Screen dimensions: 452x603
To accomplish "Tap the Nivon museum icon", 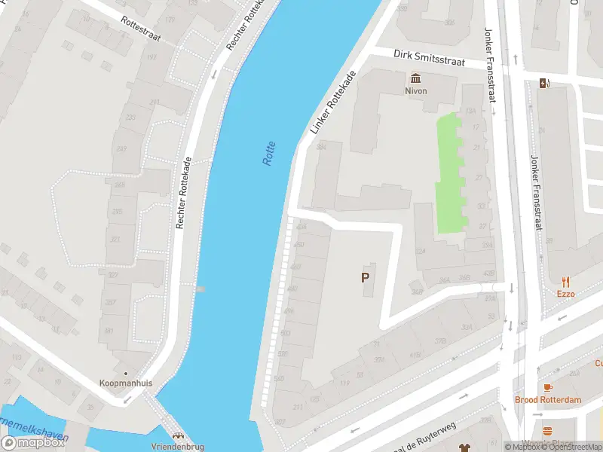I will pyautogui.click(x=415, y=78).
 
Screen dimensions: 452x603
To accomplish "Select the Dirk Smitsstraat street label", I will pyautogui.click(x=429, y=57).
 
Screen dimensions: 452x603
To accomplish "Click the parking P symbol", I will pyautogui.click(x=366, y=277).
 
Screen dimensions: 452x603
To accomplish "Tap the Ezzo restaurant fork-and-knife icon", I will pyautogui.click(x=565, y=282).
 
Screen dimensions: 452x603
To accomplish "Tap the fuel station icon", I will pyautogui.click(x=543, y=83).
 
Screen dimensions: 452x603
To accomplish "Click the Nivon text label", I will pyautogui.click(x=415, y=91).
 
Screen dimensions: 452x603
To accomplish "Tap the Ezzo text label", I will pyautogui.click(x=565, y=294).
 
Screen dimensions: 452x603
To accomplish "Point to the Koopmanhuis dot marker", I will pyautogui.click(x=125, y=372).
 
